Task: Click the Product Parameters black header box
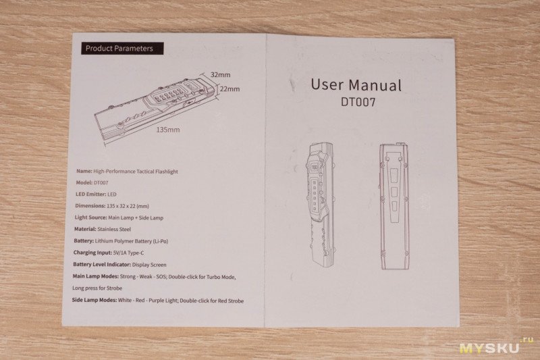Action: [122, 48]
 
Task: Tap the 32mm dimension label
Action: [221, 74]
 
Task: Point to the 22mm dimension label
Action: [230, 89]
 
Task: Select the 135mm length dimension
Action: [168, 130]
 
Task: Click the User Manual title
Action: [356, 84]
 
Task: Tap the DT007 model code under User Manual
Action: [358, 102]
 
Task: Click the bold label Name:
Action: [84, 171]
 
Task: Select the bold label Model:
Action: [84, 182]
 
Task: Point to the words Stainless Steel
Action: [114, 229]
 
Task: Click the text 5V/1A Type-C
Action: [128, 253]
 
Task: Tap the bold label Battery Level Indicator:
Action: [102, 265]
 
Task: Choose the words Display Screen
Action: [149, 265]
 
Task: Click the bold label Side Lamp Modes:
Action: [94, 300]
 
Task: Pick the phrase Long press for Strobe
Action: [97, 288]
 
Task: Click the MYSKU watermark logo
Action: [495, 346]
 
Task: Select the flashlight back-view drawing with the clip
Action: [394, 206]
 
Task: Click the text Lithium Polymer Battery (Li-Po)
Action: [132, 241]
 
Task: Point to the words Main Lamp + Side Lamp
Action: [136, 217]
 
